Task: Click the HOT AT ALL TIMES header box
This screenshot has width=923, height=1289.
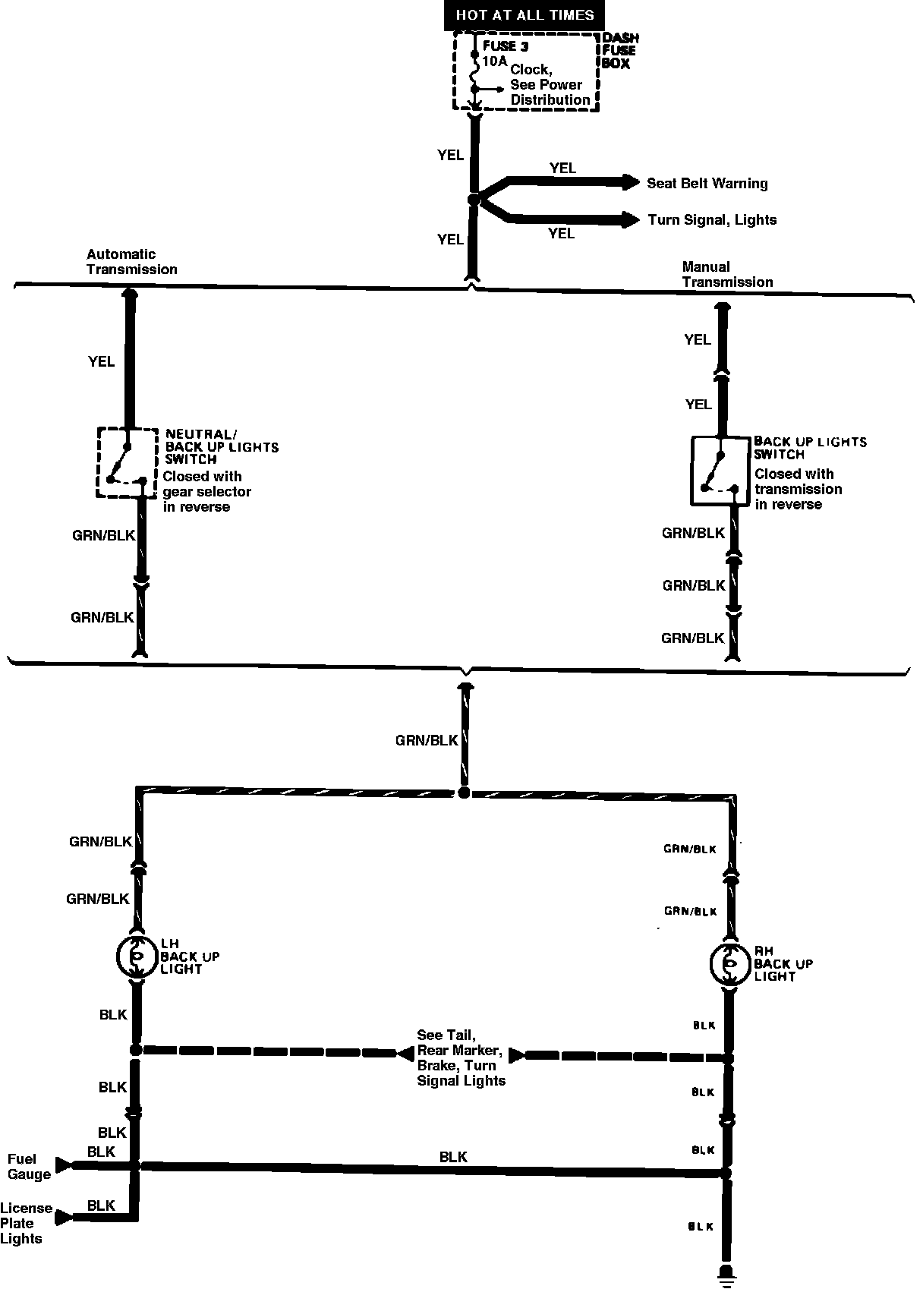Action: [x=525, y=15]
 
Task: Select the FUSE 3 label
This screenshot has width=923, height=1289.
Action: [x=505, y=46]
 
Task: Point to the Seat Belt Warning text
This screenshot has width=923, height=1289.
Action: [x=707, y=184]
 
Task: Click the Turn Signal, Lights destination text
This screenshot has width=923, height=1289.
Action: [x=712, y=220]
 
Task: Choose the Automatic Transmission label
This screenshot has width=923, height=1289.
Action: [x=131, y=262]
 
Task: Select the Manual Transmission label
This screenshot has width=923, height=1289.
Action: [x=727, y=275]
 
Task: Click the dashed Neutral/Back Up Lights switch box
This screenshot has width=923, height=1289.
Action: [x=127, y=462]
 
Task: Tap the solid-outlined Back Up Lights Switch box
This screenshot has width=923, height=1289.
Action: [x=720, y=471]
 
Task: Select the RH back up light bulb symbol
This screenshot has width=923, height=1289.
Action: [x=729, y=964]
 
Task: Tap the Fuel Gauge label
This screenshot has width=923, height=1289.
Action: [x=29, y=1167]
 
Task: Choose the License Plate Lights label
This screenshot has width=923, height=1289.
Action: [x=26, y=1223]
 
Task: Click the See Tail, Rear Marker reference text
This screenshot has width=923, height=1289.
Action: [x=460, y=1057]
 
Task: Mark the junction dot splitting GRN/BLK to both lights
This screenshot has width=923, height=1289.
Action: [x=464, y=793]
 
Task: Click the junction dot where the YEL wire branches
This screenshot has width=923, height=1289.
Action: [x=474, y=200]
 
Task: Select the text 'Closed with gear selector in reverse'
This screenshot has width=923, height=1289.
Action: [x=206, y=492]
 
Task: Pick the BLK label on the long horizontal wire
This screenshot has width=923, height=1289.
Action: [x=453, y=1157]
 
